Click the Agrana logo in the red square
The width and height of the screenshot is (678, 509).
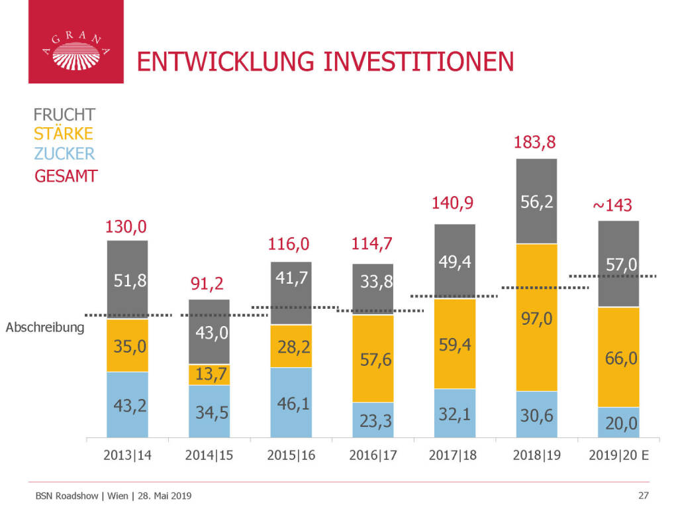tap(75, 50)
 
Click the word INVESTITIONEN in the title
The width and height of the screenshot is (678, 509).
tap(418, 61)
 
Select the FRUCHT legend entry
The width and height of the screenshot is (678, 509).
tap(64, 115)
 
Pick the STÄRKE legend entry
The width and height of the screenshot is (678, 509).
tap(63, 134)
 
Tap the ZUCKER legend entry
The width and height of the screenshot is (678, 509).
tap(64, 154)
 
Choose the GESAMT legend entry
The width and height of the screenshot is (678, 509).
tap(66, 176)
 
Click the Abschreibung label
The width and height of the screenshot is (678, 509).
tap(46, 327)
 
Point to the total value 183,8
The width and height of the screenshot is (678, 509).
tap(536, 142)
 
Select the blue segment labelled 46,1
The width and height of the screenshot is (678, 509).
tap(291, 402)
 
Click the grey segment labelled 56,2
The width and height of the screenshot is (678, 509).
tap(536, 201)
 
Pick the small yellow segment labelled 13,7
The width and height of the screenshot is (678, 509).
tap(209, 374)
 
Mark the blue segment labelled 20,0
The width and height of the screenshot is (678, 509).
tap(618, 422)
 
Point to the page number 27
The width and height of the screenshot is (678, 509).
tap(643, 495)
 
